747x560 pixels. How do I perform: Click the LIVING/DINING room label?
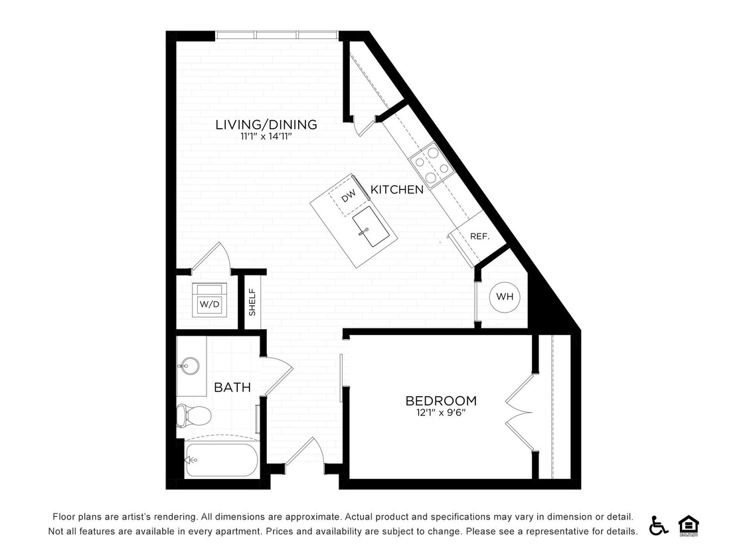tap(266, 125)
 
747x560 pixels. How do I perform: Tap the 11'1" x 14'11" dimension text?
tap(266, 137)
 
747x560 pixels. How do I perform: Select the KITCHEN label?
tap(396, 190)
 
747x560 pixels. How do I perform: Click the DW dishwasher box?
tap(349, 196)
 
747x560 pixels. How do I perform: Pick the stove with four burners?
tap(431, 164)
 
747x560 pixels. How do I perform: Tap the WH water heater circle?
tap(505, 297)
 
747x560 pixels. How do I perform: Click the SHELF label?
tap(252, 302)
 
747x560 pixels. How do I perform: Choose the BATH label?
tap(232, 387)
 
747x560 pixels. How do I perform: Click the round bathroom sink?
tap(188, 365)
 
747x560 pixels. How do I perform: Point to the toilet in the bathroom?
tap(193, 416)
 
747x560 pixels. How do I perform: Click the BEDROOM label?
tap(441, 401)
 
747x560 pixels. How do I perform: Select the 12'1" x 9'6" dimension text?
tap(441, 413)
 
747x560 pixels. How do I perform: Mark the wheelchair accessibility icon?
tap(659, 525)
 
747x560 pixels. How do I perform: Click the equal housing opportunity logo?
tap(689, 525)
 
